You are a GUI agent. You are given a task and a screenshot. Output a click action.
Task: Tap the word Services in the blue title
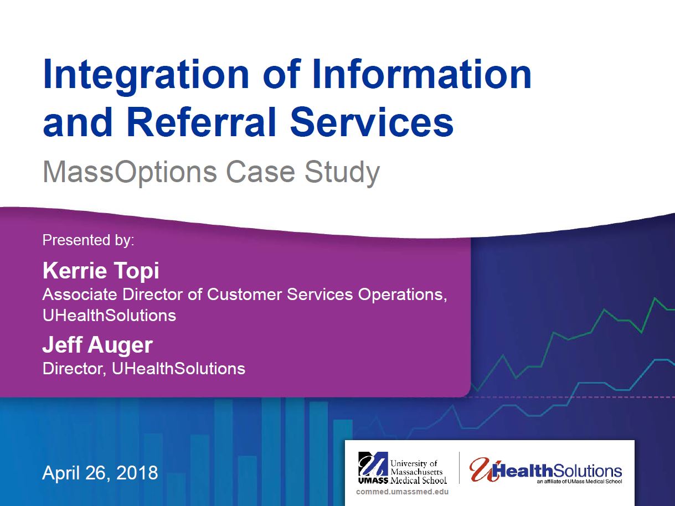click(372, 122)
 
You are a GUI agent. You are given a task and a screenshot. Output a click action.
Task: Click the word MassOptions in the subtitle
click(130, 173)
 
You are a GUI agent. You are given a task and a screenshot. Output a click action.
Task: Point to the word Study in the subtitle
click(342, 173)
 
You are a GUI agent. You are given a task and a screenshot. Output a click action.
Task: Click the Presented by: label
click(88, 240)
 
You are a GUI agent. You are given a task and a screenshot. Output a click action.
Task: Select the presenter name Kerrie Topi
click(101, 271)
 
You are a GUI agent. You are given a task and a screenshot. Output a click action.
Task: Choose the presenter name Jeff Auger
click(97, 345)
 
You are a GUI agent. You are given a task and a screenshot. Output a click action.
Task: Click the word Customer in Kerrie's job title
click(245, 295)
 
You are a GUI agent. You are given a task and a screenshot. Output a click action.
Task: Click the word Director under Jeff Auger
click(74, 369)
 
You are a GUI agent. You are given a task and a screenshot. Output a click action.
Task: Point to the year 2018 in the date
click(137, 472)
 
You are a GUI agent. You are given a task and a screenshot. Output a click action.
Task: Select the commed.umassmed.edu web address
click(402, 492)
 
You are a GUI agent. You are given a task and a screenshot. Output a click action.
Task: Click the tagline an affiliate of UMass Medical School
click(579, 482)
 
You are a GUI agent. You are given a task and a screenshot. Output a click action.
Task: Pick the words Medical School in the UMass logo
click(419, 480)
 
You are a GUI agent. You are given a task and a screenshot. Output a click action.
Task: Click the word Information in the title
click(422, 74)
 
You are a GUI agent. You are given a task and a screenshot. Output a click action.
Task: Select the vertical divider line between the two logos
click(459, 468)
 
